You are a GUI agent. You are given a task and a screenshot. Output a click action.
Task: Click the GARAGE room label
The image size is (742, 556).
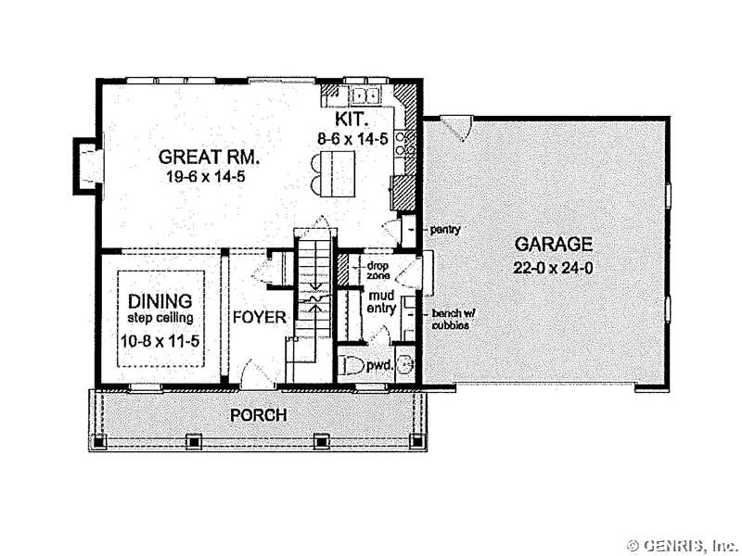pyautogui.click(x=553, y=244)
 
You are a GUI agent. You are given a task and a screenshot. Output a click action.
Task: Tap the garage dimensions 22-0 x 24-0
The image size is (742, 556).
pyautogui.click(x=553, y=268)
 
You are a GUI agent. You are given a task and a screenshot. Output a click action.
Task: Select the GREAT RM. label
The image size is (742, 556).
pyautogui.click(x=210, y=157)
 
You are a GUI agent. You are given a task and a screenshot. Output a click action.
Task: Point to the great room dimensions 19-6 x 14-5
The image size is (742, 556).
pyautogui.click(x=205, y=177)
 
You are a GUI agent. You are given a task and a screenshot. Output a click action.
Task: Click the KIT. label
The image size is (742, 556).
pyautogui.click(x=352, y=120)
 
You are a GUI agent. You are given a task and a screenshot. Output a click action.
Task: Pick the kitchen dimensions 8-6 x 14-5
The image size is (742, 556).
pyautogui.click(x=352, y=138)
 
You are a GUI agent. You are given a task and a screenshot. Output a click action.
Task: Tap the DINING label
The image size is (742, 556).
pyautogui.click(x=160, y=301)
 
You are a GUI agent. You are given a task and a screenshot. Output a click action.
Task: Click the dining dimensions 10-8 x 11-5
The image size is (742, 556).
pyautogui.click(x=160, y=340)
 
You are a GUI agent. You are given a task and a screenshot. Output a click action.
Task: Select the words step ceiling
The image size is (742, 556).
pyautogui.click(x=160, y=318)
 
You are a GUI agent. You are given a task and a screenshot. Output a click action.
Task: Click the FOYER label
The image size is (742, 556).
pyautogui.click(x=260, y=317)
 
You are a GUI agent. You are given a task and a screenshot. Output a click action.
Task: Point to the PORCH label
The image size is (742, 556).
pyautogui.click(x=259, y=415)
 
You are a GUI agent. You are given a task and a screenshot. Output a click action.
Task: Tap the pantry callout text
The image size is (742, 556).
pyautogui.click(x=445, y=230)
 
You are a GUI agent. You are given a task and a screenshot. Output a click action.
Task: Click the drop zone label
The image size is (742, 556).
pyautogui.click(x=378, y=271)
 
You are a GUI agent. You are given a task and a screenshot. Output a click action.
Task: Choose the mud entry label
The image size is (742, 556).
pyautogui.click(x=381, y=303)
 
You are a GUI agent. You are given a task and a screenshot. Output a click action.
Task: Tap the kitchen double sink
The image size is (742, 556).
pyautogui.click(x=365, y=96)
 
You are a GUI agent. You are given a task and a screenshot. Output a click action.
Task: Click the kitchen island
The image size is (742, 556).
pyautogui.click(x=338, y=173)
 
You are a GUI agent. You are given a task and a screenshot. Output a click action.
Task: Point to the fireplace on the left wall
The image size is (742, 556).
pyautogui.click(x=87, y=166)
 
